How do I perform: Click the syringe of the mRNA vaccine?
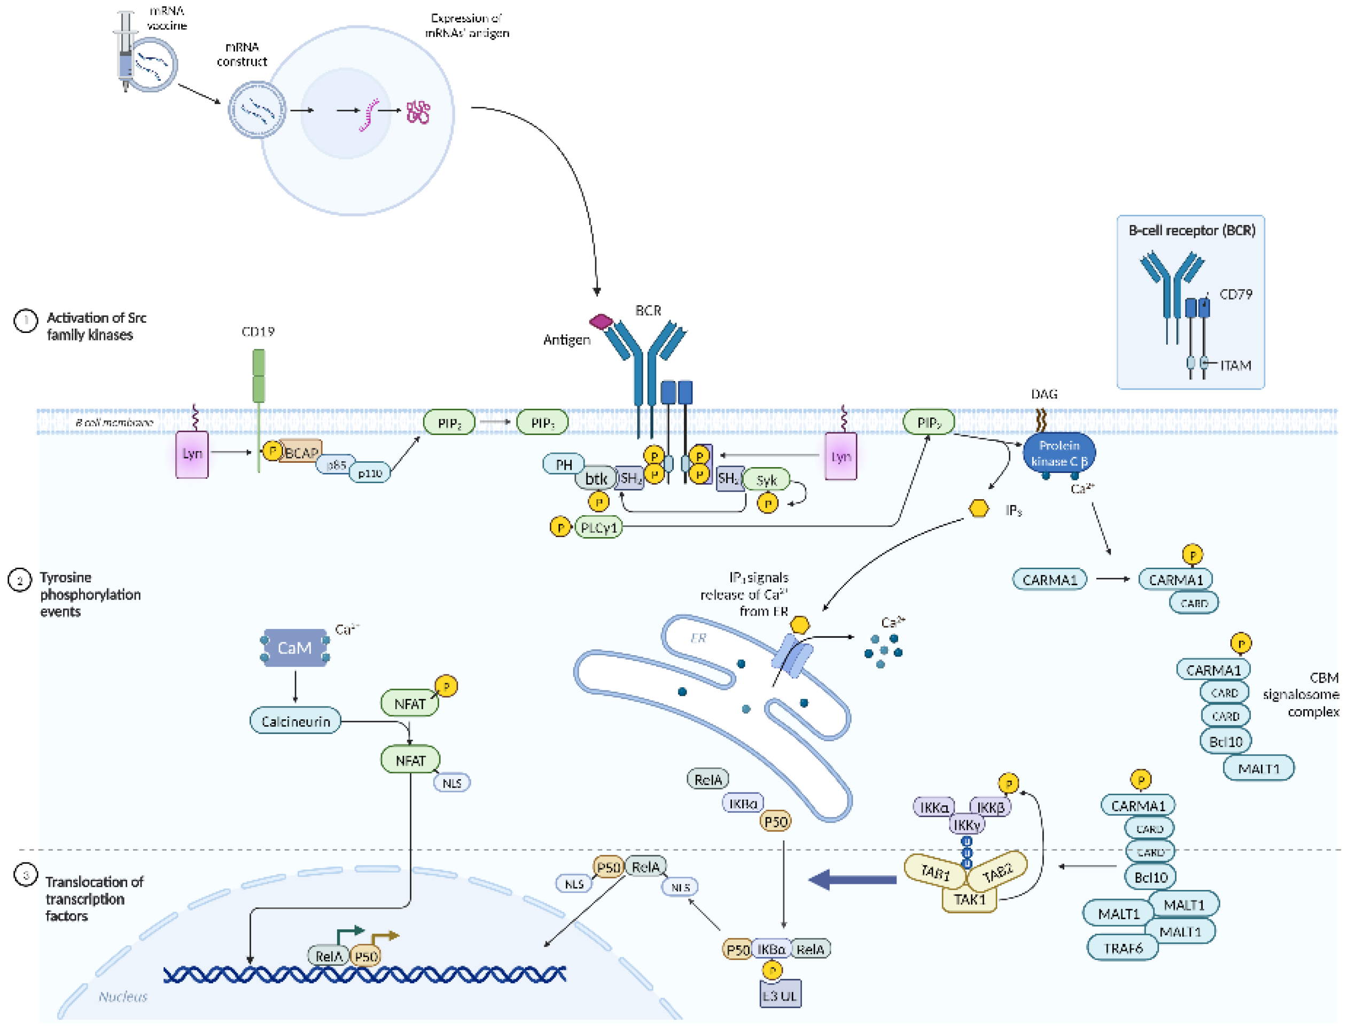[x=126, y=52]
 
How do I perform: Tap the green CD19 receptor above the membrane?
[x=259, y=375]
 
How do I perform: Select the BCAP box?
[x=301, y=453]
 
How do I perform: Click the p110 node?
[x=370, y=473]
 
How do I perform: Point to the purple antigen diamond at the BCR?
[x=601, y=321]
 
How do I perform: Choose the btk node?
[x=595, y=478]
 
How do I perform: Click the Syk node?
[x=766, y=480]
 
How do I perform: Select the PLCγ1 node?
[x=599, y=527]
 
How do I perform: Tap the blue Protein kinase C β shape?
[x=1059, y=453]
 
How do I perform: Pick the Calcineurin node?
[x=295, y=721]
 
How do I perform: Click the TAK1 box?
[x=969, y=899]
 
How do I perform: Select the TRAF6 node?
[x=1123, y=948]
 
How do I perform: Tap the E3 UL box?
[x=780, y=995]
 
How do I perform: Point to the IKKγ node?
[x=967, y=825]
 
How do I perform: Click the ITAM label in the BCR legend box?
[x=1235, y=366]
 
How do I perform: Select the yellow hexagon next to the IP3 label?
[x=978, y=509]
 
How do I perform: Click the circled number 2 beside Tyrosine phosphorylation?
[x=19, y=580]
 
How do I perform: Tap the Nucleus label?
[x=123, y=996]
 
